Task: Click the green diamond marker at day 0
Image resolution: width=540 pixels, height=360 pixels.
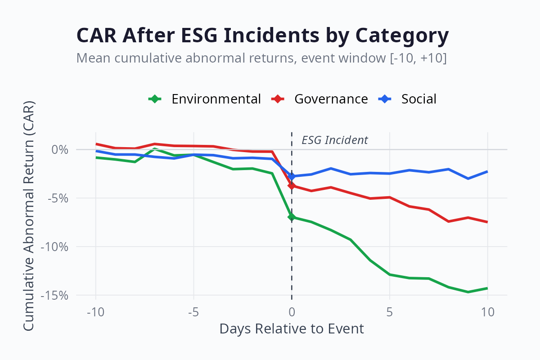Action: click(292, 217)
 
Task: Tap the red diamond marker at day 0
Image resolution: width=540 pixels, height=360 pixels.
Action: click(292, 185)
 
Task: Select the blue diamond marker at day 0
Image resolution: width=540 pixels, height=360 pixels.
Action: click(292, 176)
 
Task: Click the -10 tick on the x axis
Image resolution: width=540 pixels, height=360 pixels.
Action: click(95, 311)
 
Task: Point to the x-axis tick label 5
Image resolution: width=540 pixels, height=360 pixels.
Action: click(390, 311)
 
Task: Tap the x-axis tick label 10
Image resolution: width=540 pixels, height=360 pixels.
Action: click(488, 311)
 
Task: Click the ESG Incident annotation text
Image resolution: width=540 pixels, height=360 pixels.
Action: click(334, 140)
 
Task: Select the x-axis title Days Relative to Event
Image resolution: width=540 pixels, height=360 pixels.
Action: click(292, 329)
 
